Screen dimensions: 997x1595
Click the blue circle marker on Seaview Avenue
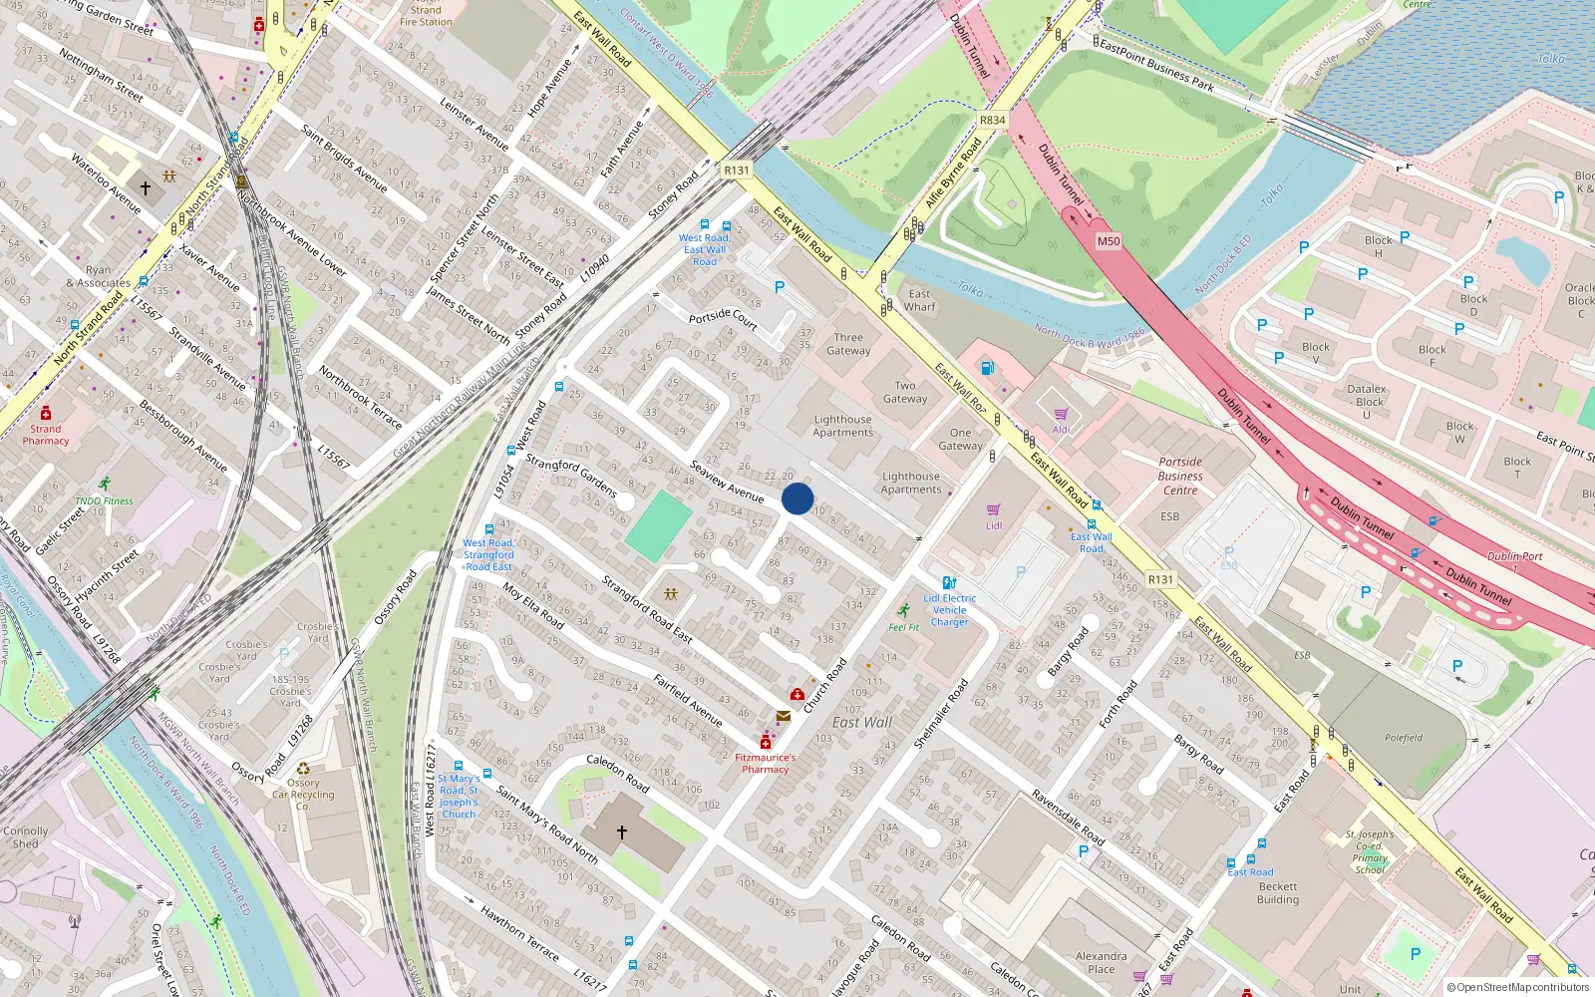(797, 498)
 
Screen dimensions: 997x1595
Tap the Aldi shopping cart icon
(1061, 414)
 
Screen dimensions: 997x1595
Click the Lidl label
(994, 525)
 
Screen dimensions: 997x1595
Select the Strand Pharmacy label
(46, 435)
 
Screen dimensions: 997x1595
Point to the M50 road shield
(1109, 241)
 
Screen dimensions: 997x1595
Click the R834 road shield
(992, 120)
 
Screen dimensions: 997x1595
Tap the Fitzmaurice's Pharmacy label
(766, 763)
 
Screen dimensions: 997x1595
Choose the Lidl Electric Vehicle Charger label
(950, 610)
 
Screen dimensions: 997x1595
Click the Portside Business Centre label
(1180, 476)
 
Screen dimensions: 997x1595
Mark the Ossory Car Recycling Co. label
(303, 795)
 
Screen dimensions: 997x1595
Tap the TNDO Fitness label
(104, 500)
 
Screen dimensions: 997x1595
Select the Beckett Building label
(1278, 892)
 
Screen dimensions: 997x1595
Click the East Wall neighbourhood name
(862, 722)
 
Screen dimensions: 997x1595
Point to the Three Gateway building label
(848, 344)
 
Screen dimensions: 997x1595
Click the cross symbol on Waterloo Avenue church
(146, 187)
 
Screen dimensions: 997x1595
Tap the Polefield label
(1403, 738)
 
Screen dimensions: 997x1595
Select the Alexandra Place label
(1102, 962)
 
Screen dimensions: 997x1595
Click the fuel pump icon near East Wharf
(987, 367)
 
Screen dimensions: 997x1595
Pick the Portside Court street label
(724, 318)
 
